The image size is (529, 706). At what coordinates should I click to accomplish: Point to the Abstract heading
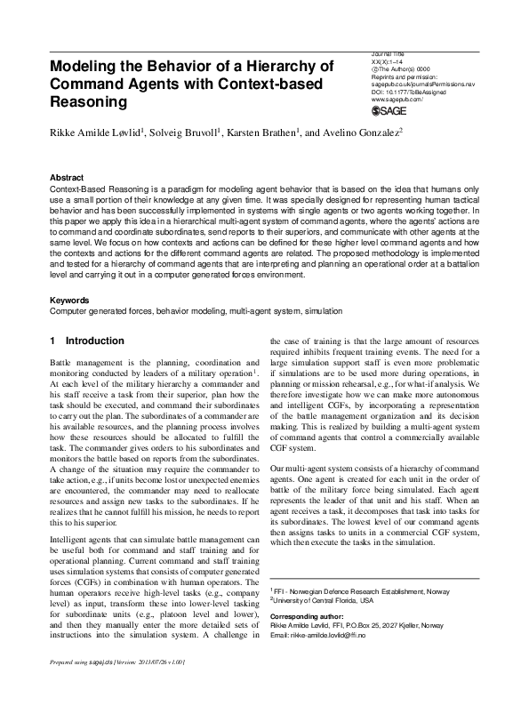coord(68,177)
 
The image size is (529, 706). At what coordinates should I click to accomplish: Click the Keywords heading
coord(70,300)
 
